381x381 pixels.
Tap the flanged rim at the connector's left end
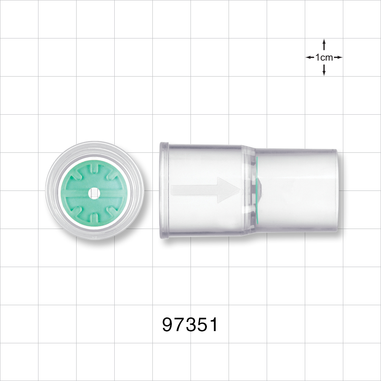(163, 190)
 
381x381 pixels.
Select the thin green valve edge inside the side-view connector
(257, 190)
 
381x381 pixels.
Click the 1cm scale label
(324, 58)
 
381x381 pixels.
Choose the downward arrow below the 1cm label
(324, 70)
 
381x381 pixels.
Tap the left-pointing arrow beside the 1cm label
(310, 58)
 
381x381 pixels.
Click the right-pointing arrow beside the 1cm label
(338, 58)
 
